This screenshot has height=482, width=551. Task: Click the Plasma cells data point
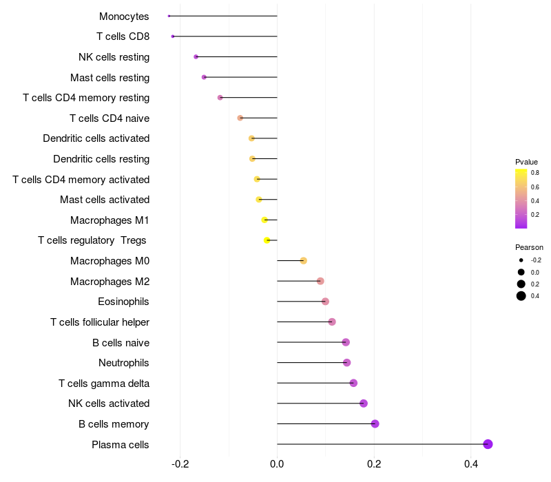(488, 444)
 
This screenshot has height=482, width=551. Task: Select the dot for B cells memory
(375, 423)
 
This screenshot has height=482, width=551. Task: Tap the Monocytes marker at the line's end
(169, 16)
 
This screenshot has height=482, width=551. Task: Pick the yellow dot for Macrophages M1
(264, 220)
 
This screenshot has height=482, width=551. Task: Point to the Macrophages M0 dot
(303, 261)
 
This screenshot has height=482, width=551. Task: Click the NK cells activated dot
(364, 404)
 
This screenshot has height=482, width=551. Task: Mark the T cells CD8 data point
(173, 36)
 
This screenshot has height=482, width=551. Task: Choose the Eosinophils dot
(325, 302)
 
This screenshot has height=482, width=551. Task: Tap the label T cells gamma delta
(104, 384)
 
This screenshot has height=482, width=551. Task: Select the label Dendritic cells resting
(101, 159)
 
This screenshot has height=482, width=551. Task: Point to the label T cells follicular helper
(100, 322)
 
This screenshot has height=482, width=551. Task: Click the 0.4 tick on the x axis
(471, 465)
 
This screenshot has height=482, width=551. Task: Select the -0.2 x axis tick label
(180, 465)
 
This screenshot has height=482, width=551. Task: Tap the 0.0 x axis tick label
(277, 465)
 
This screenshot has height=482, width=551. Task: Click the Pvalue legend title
(526, 162)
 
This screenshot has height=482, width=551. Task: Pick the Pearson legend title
(529, 247)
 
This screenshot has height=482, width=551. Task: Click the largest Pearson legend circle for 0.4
(521, 296)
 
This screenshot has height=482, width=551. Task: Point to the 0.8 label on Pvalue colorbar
(534, 173)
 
